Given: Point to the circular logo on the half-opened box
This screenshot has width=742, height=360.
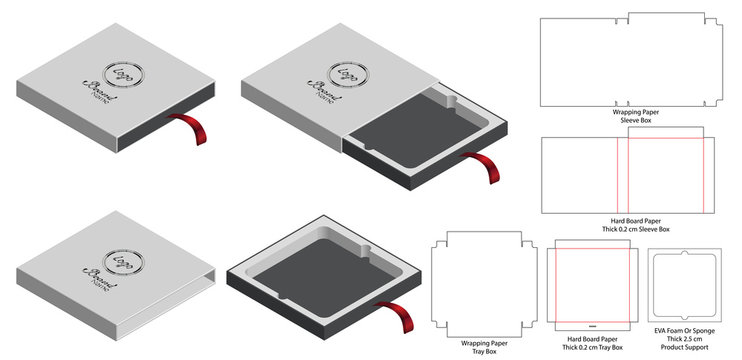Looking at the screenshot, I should pyautogui.click(x=347, y=75).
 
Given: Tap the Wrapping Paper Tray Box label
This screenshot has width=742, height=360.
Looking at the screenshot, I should pyautogui.click(x=477, y=345).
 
